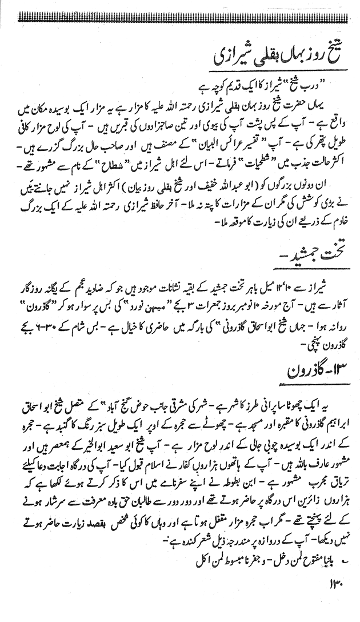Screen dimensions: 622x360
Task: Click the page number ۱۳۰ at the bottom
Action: [334, 584]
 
